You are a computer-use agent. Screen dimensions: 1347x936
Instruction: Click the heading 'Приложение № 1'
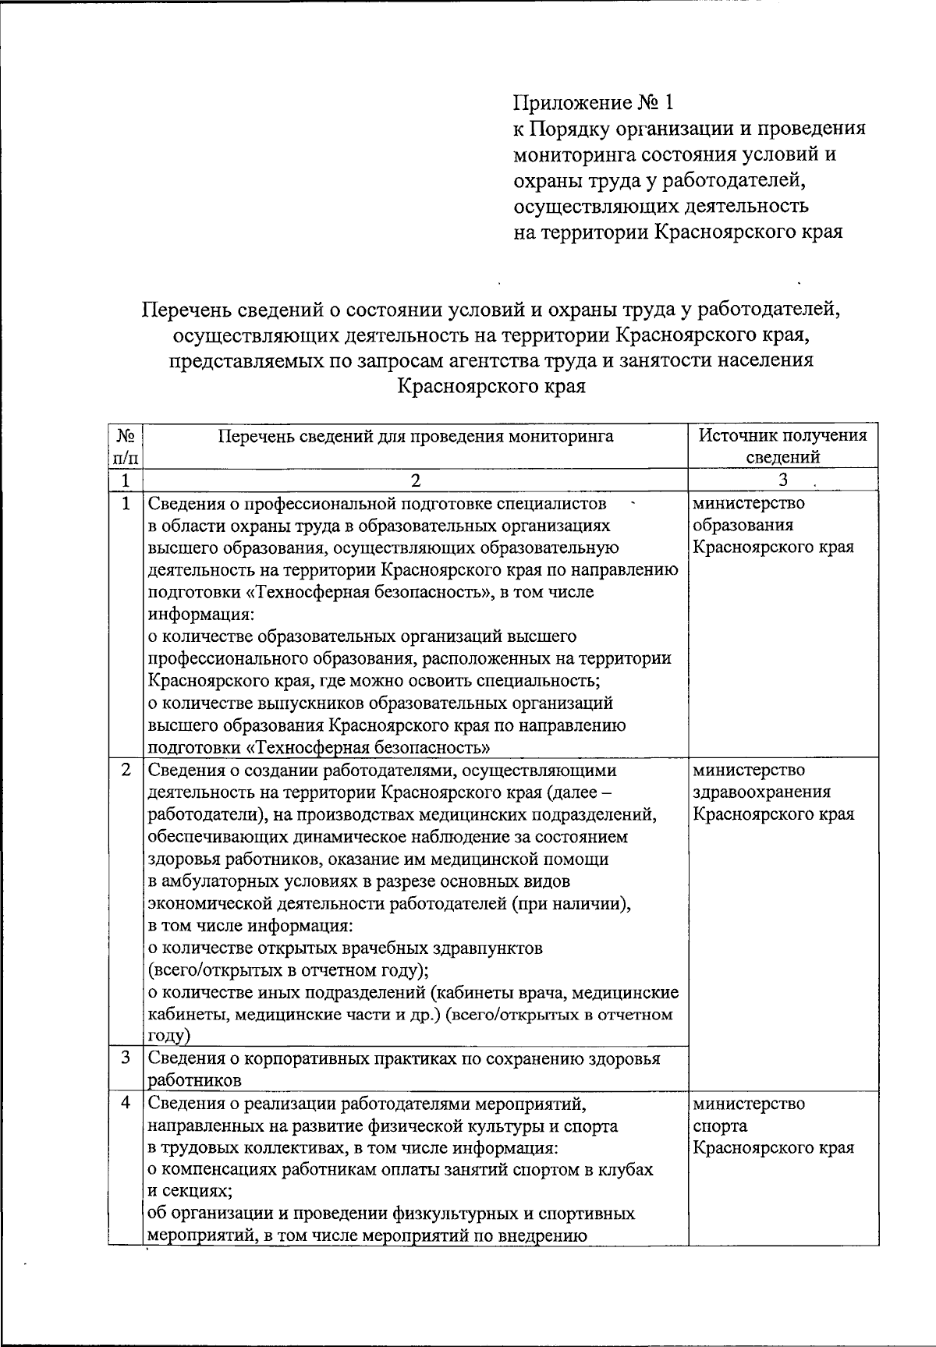tap(592, 102)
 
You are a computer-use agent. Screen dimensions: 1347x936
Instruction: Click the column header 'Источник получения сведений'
tap(782, 446)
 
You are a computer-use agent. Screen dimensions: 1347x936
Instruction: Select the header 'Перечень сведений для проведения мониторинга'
tap(415, 436)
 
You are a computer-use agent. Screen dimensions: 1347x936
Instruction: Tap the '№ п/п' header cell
tap(126, 446)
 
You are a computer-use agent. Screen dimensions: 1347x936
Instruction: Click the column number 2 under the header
tap(415, 480)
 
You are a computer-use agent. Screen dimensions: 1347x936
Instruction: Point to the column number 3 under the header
tap(782, 480)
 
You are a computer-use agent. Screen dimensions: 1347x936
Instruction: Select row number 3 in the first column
tap(126, 1058)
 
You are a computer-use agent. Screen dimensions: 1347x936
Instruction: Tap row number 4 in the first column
tap(126, 1104)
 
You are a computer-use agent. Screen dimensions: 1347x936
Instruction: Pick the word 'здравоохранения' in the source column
tap(761, 792)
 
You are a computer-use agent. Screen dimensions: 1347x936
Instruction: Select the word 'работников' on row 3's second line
tap(195, 1081)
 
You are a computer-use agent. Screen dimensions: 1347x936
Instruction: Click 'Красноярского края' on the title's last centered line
tap(491, 386)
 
